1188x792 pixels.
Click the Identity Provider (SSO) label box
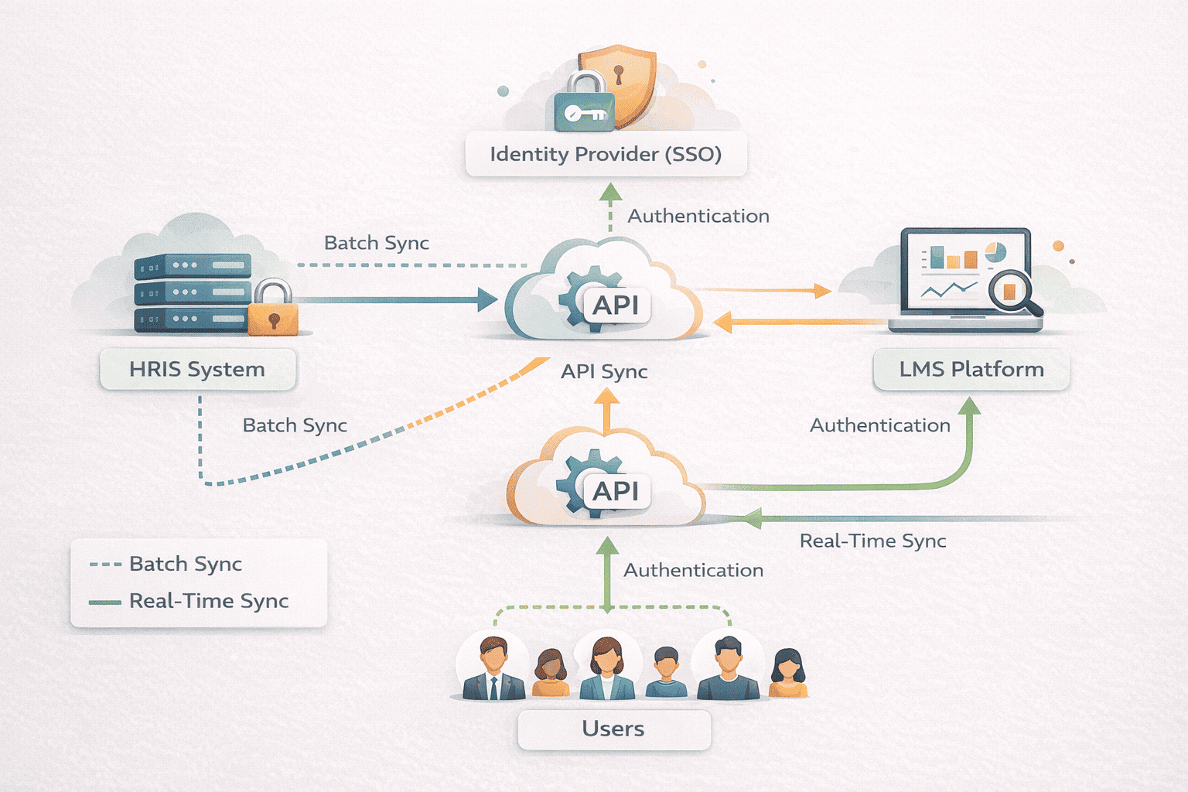click(606, 154)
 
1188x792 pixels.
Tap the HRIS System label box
click(197, 370)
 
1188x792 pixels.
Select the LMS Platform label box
click(971, 370)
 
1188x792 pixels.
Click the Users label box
click(613, 729)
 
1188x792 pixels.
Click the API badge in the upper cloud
click(616, 306)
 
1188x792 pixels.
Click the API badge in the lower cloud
click(616, 491)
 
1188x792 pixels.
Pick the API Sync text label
click(604, 372)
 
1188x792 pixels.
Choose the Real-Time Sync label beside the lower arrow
click(872, 541)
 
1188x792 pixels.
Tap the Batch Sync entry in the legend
click(186, 564)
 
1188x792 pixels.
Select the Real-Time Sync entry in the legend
click(209, 601)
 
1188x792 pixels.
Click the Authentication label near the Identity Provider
click(698, 217)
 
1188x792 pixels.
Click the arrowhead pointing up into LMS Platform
click(969, 407)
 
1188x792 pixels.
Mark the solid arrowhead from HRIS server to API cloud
click(487, 299)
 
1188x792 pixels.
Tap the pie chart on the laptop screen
click(995, 253)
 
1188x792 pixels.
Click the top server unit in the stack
click(193, 266)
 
